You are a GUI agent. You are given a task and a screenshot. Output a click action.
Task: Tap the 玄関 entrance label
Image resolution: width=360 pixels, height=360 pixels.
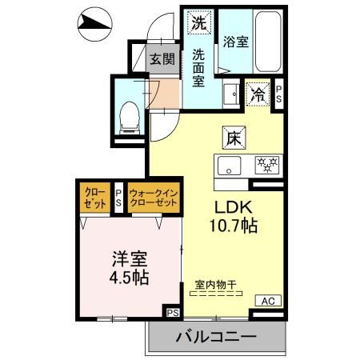point(158,58)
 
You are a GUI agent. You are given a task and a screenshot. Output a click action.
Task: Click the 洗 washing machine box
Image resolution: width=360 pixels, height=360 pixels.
point(198,22)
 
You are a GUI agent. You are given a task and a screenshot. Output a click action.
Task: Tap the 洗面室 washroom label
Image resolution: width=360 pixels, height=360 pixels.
point(198,67)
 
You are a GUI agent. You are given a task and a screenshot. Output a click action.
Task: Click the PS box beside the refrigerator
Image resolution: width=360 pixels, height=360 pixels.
point(278,94)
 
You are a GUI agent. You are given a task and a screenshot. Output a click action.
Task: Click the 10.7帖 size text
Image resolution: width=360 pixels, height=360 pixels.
point(232,226)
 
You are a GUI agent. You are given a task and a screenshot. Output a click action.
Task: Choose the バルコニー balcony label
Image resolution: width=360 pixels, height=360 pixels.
point(216,337)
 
